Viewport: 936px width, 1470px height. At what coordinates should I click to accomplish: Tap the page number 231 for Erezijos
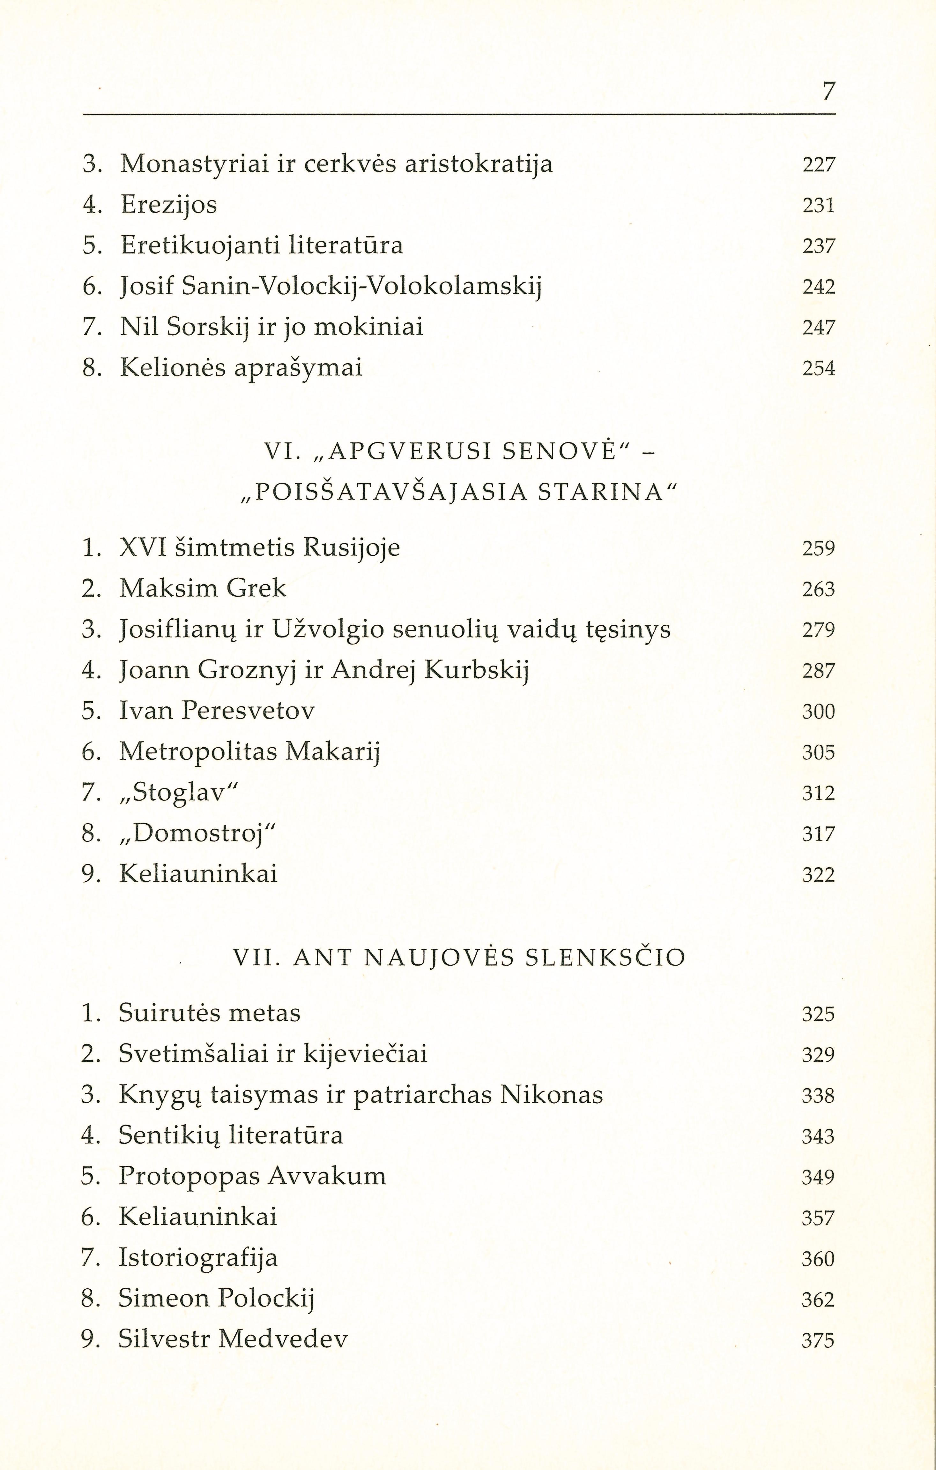(x=818, y=205)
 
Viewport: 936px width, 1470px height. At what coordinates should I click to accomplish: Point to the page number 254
(x=818, y=368)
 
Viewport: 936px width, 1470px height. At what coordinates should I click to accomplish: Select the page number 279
(x=818, y=629)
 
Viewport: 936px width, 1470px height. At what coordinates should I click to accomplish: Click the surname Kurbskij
(x=476, y=670)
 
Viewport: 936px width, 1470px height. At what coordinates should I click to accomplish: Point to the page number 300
(x=818, y=711)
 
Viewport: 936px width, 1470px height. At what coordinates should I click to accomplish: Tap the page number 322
(x=818, y=875)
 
